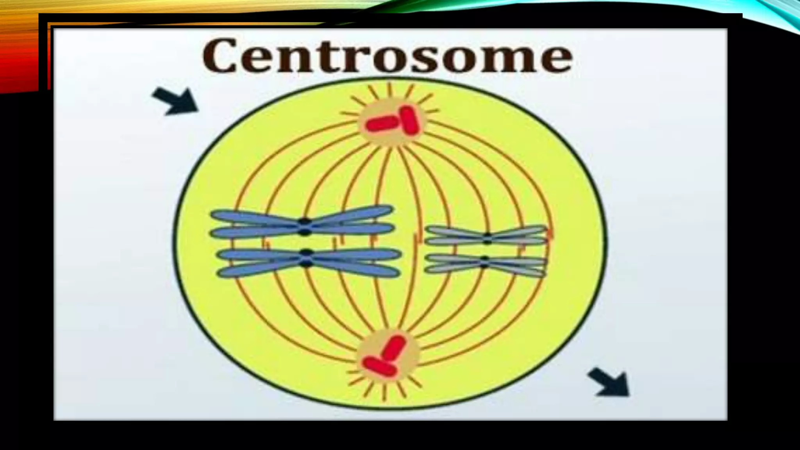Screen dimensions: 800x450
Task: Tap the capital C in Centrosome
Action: [220, 56]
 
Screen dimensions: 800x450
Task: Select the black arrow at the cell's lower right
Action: [610, 382]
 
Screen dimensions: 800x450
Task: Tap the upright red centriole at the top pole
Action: [410, 120]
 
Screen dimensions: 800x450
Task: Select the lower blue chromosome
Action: [309, 262]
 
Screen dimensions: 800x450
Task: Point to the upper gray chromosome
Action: [486, 236]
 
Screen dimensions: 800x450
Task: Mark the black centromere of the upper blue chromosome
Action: [305, 227]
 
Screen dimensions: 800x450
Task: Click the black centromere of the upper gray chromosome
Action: [487, 238]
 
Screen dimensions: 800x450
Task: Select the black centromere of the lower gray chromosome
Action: [485, 262]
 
